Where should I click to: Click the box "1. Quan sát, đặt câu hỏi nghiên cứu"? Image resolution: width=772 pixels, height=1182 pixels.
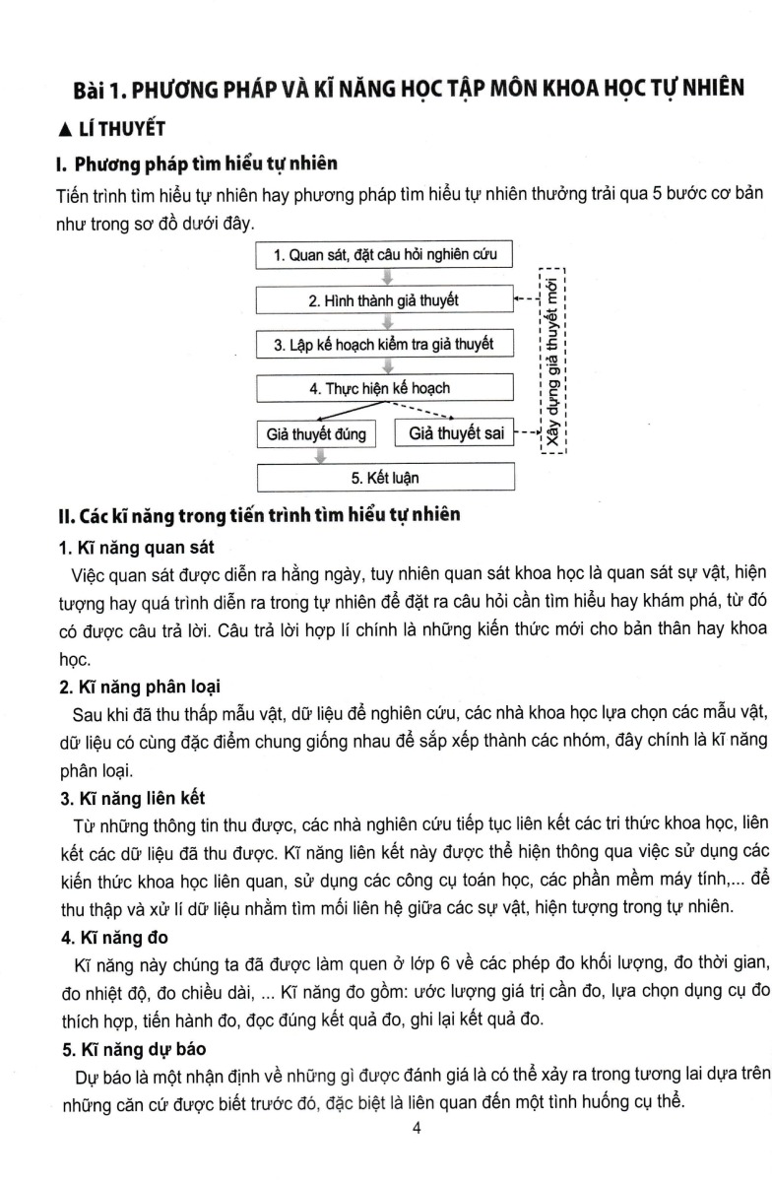pyautogui.click(x=385, y=255)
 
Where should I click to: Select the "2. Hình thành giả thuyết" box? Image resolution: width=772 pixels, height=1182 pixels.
pyautogui.click(x=385, y=299)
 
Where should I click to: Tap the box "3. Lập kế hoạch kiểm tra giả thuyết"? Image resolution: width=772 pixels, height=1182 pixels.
pyautogui.click(x=385, y=344)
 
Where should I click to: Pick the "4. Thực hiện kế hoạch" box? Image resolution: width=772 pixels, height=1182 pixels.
pyautogui.click(x=385, y=388)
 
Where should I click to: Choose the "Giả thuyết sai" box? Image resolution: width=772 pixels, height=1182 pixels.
pyautogui.click(x=454, y=433)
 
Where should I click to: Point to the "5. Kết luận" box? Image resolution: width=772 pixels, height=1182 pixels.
pyautogui.click(x=385, y=478)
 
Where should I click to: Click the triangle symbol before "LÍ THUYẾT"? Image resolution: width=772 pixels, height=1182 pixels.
pyautogui.click(x=65, y=128)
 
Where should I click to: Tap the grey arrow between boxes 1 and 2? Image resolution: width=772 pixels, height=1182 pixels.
pyautogui.click(x=386, y=278)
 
